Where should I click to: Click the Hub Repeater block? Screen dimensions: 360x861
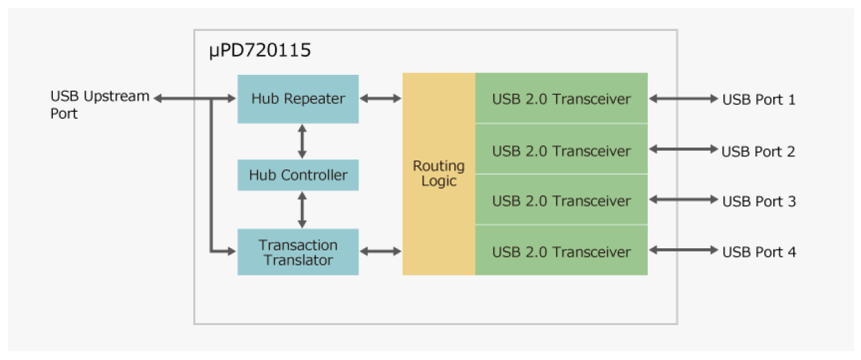point(298,99)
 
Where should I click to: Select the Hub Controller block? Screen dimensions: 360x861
point(298,176)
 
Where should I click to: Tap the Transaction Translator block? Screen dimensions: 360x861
point(298,252)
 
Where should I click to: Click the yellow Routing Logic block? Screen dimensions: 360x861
point(439,174)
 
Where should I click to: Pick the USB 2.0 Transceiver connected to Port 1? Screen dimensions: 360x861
point(561,99)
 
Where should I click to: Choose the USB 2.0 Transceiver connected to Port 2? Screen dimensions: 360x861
point(561,150)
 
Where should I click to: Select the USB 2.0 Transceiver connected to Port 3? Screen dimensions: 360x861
point(561,201)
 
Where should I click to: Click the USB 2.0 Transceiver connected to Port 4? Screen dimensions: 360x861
point(561,252)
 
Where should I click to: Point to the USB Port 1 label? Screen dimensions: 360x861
point(758,99)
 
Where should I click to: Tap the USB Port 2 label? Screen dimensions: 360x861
point(757,151)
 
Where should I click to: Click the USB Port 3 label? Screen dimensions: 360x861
point(758,202)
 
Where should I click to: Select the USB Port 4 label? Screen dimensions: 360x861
point(758,252)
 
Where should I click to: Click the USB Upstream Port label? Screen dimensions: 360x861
point(99,105)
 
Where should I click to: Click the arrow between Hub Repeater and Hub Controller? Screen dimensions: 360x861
point(302,142)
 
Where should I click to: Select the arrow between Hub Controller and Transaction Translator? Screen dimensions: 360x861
point(302,209)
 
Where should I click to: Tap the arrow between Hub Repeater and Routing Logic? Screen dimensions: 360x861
point(380,99)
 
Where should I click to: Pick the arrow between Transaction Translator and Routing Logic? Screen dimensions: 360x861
point(380,252)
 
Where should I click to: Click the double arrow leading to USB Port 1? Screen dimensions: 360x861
point(682,99)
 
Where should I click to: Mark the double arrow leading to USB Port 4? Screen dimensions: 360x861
point(682,252)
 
